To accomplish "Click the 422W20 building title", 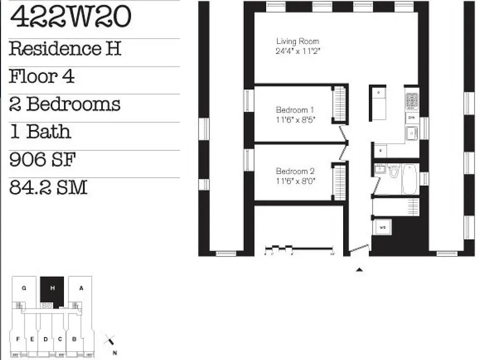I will (x=70, y=17).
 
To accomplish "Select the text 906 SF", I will (x=42, y=160).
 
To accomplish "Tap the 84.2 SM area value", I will (x=48, y=187).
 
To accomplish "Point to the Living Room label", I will (x=297, y=41).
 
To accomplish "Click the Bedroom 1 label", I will (x=295, y=110).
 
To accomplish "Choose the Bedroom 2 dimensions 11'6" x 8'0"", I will (x=295, y=181).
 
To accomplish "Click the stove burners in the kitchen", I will (x=412, y=102).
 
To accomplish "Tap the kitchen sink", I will (x=411, y=133).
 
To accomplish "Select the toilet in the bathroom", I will (x=394, y=171).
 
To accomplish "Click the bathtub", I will (x=410, y=179).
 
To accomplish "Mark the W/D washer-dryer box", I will (x=383, y=227).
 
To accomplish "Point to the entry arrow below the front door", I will (x=359, y=270).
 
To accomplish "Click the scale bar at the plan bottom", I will (x=299, y=248).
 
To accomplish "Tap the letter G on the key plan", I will (x=23, y=288).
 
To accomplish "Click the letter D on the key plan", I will (x=45, y=339).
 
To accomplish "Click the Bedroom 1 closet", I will (x=340, y=104).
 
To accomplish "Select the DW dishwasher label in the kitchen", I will (x=411, y=117).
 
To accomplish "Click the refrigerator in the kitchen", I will (x=379, y=103).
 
